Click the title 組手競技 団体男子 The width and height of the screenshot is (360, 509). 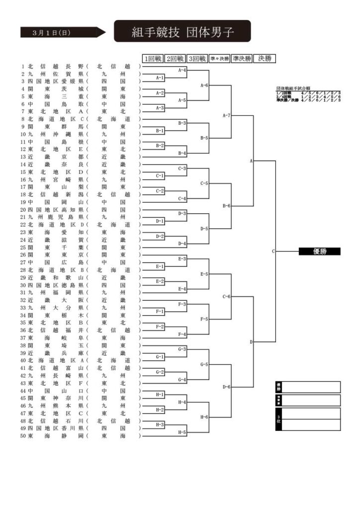[182, 32]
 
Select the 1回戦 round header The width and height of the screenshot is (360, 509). [153, 59]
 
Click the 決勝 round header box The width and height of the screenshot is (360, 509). [265, 59]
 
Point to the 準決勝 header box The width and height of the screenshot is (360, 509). [241, 59]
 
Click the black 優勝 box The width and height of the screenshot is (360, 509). [319, 252]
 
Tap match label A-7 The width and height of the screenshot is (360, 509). [226, 115]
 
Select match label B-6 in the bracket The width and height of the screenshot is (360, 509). [226, 206]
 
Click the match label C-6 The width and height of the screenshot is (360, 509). [226, 296]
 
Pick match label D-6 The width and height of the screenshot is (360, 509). [226, 387]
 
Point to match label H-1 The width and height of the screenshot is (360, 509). [160, 394]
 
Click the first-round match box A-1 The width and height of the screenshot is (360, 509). [160, 78]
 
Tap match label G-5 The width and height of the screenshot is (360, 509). [204, 364]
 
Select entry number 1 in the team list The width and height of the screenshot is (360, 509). [23, 66]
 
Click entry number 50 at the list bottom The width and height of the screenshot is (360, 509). [23, 436]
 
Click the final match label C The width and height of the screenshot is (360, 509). [273, 252]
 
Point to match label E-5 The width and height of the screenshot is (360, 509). [204, 274]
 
